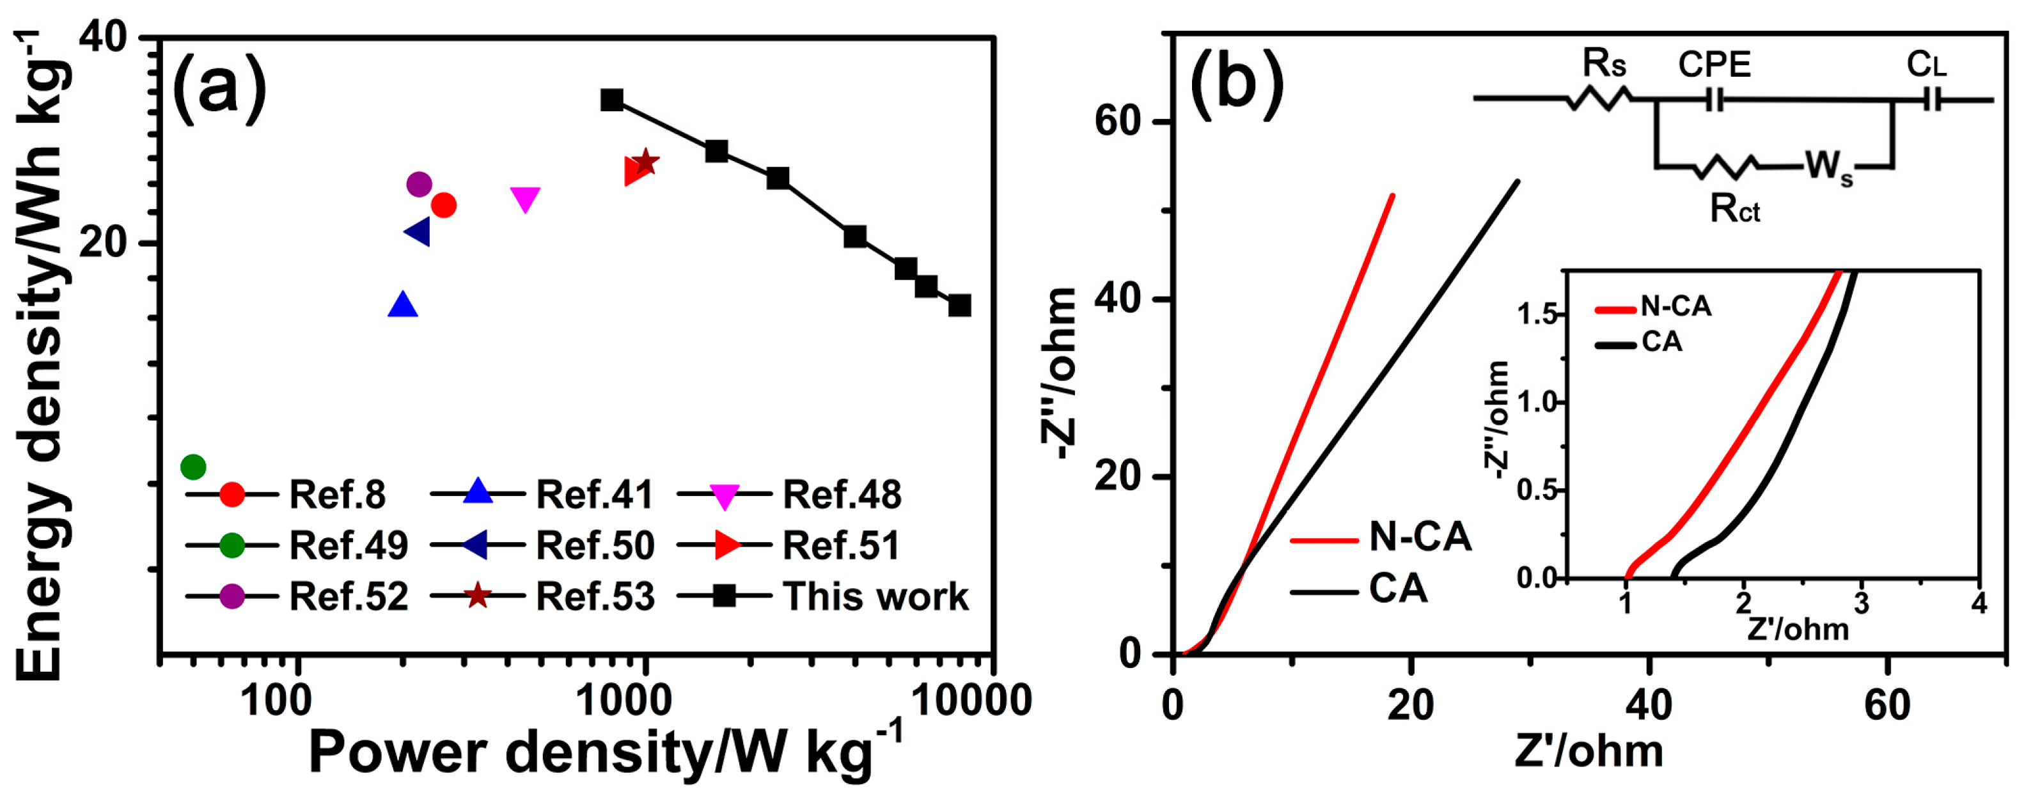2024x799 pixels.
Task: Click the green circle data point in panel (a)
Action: click(193, 467)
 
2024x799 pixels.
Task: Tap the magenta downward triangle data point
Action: click(525, 199)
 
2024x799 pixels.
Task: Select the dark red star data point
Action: click(645, 162)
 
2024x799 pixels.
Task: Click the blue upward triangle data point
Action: click(403, 305)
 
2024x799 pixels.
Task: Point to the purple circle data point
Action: click(420, 185)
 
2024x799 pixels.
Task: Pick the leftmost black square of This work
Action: click(612, 100)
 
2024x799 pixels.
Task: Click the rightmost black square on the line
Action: click(959, 305)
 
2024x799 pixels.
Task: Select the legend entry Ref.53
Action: click(594, 596)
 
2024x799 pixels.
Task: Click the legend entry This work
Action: click(874, 596)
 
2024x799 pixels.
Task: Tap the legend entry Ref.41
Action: click(593, 495)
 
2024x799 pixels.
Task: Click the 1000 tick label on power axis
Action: click(625, 701)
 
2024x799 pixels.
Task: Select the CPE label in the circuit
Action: click(1714, 65)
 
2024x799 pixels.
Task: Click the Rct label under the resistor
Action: click(1735, 209)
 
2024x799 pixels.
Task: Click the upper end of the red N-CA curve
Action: click(1392, 196)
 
